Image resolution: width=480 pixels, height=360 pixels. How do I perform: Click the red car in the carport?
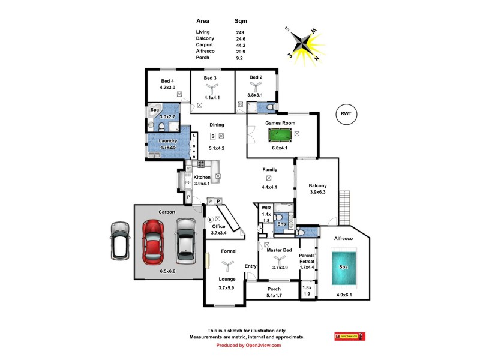click(153, 241)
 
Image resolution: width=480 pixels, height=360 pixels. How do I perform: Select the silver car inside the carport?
click(186, 241)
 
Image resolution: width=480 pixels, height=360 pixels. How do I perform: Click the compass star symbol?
click(305, 43)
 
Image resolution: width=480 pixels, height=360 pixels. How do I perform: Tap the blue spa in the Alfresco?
click(343, 268)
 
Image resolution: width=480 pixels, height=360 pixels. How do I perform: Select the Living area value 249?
click(241, 32)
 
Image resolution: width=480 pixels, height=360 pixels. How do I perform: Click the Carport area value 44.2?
click(241, 45)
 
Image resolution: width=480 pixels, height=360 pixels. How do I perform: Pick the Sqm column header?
click(241, 20)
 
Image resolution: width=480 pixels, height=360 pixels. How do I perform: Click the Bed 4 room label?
click(167, 81)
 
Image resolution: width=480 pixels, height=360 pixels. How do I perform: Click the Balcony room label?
click(318, 185)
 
